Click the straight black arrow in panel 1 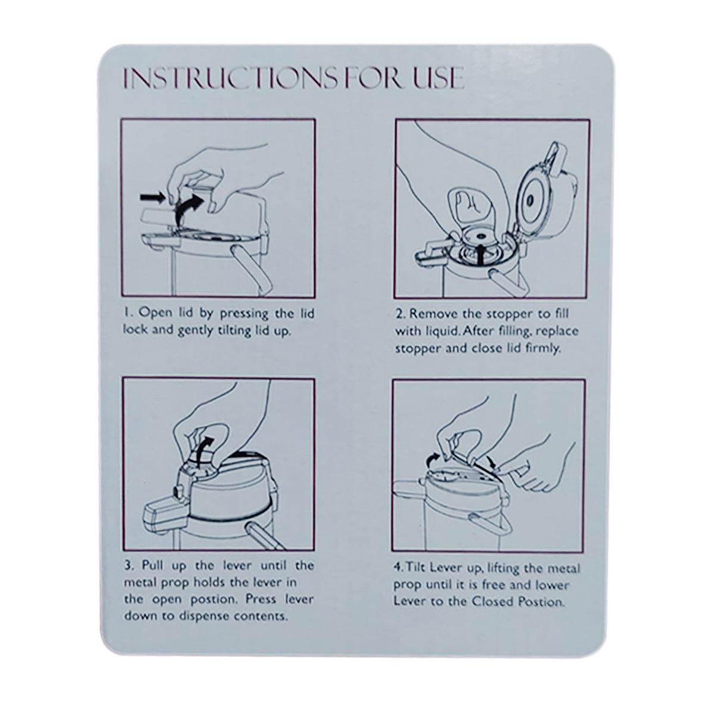(152, 198)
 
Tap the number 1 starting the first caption (126, 313)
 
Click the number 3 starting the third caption (127, 566)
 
